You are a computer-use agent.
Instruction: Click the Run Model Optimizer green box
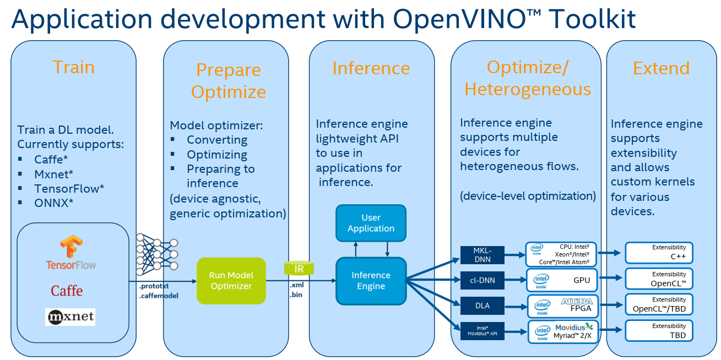(231, 281)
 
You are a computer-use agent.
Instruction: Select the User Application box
(371, 223)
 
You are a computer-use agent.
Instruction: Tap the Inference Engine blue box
(371, 281)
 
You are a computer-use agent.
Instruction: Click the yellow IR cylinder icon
(299, 269)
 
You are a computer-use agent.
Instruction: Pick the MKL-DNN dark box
(482, 255)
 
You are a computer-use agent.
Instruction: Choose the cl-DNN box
(482, 280)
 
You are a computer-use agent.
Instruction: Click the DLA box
(482, 305)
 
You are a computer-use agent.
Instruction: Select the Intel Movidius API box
(482, 330)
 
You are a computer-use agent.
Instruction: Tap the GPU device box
(562, 280)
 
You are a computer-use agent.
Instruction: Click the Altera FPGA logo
(576, 302)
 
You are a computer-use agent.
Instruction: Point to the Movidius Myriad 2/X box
(562, 331)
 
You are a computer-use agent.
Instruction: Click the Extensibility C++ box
(659, 253)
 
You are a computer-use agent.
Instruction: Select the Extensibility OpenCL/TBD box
(659, 304)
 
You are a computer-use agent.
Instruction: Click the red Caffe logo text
(67, 291)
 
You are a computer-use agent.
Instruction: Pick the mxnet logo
(70, 317)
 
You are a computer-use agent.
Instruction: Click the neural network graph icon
(157, 254)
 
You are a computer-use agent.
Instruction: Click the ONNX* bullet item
(53, 203)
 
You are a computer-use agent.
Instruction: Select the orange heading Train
(73, 67)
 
